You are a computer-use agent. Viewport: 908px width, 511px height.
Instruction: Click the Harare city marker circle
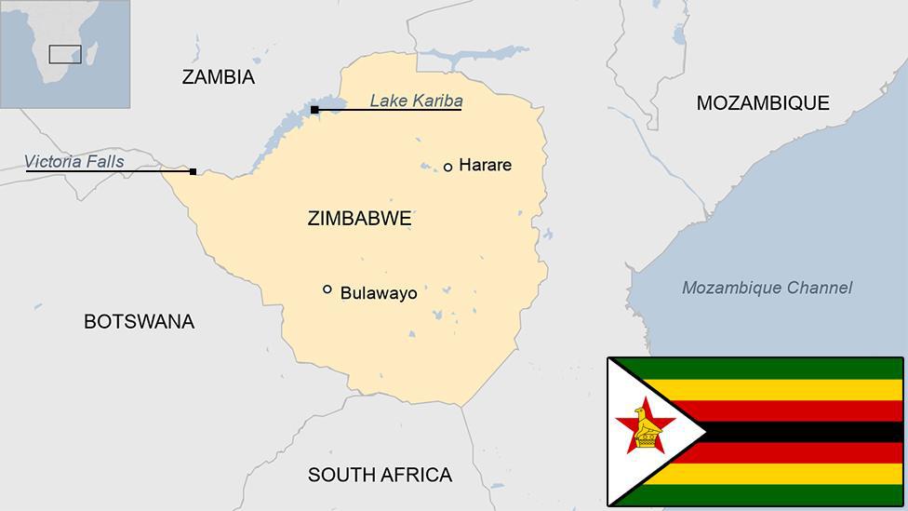[447, 167]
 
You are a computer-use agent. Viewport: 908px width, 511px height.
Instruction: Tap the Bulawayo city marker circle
[327, 289]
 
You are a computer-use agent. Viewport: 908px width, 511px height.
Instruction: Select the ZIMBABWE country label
[358, 219]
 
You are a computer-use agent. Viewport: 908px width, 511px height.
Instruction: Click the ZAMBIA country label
[218, 77]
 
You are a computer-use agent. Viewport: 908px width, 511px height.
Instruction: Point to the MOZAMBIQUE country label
[762, 103]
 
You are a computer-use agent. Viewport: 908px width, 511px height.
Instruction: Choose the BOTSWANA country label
[139, 322]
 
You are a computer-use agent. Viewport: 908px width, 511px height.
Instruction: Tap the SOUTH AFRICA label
[380, 475]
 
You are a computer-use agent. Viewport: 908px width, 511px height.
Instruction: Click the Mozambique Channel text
[767, 288]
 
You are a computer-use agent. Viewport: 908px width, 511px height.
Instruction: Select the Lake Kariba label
[416, 101]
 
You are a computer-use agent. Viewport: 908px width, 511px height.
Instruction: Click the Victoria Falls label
[73, 162]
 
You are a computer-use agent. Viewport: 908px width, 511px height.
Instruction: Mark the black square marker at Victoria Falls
[193, 171]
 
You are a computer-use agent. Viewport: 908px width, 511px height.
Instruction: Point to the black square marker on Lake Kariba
[314, 110]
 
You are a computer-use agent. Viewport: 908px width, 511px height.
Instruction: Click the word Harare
[485, 166]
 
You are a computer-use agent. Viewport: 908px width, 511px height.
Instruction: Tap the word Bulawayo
[378, 293]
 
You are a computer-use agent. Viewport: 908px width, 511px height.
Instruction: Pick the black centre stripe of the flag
[800, 432]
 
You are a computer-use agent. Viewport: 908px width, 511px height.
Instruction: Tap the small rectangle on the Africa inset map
[65, 54]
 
